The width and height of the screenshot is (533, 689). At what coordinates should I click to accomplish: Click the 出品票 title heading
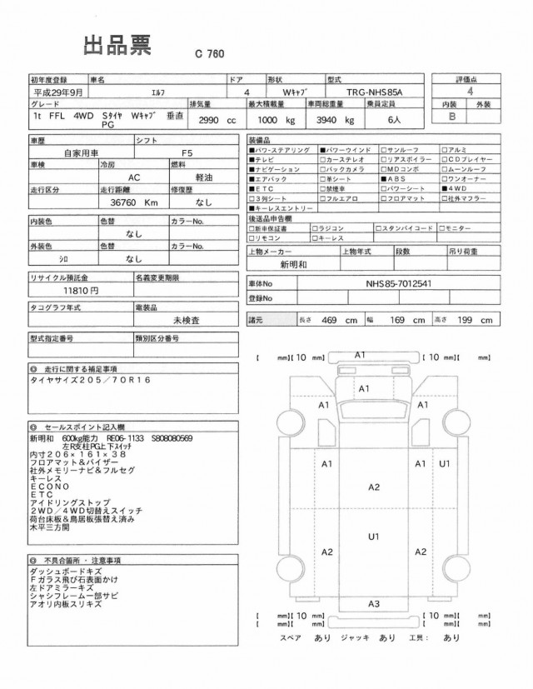click(x=116, y=46)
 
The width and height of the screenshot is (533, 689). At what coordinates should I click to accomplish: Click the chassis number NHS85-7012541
click(x=398, y=282)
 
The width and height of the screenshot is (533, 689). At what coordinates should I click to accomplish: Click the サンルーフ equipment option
click(x=407, y=148)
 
